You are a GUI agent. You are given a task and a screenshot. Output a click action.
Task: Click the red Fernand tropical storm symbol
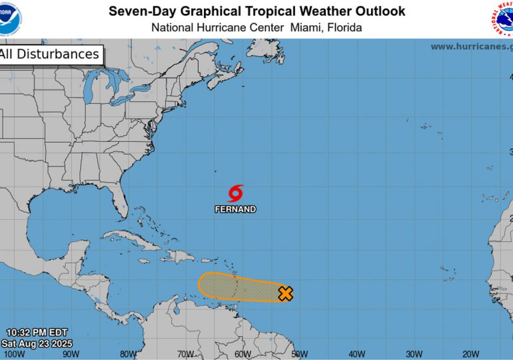point(235,193)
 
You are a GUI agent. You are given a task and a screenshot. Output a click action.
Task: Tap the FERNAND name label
point(235,209)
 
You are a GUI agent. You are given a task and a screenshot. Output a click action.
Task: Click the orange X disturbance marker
point(285,293)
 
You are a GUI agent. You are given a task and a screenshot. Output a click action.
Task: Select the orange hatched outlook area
point(240,287)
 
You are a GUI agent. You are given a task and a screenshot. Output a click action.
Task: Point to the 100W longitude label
point(15,354)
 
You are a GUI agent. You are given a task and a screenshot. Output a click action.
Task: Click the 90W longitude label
point(72,354)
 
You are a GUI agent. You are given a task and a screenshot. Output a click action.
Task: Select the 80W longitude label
point(129,354)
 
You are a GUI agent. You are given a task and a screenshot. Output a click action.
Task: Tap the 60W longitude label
point(243,354)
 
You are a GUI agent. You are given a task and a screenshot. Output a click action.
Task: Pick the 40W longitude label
point(356,354)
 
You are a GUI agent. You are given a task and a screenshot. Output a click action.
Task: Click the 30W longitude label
point(414,354)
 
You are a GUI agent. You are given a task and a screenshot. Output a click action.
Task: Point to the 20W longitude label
point(470,354)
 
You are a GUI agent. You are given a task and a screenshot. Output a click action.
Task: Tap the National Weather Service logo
point(503,19)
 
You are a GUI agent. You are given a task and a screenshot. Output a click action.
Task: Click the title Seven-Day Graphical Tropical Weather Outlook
point(256,11)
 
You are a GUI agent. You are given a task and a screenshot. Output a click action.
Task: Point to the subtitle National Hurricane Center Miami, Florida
point(256,27)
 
